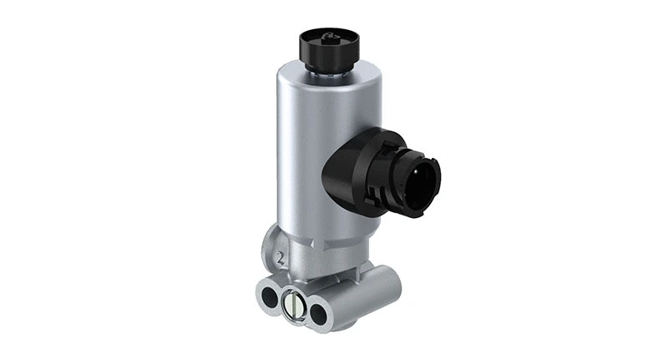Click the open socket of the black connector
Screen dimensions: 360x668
(425, 178)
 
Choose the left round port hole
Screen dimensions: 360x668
(270, 297)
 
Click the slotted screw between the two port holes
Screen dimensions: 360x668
(294, 305)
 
